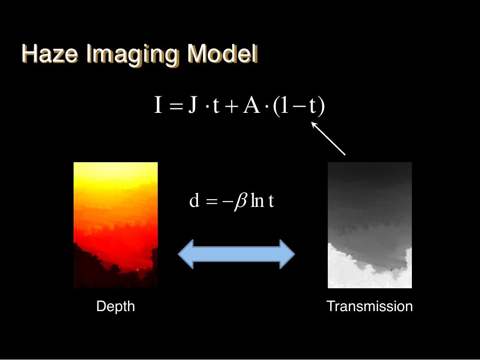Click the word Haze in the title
[50, 54]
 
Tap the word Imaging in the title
[132, 55]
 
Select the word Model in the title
[223, 54]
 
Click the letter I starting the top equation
[158, 105]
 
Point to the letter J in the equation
[193, 105]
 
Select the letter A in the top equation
[251, 105]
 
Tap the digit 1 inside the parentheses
[284, 105]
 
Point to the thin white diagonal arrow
[328, 138]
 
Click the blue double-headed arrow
[236, 254]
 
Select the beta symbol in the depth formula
[240, 201]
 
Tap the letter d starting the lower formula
[194, 201]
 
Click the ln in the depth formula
[257, 201]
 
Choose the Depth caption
[116, 307]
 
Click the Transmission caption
[369, 306]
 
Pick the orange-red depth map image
[116, 225]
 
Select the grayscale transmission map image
[370, 225]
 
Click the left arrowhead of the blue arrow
[186, 254]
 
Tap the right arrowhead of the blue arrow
[287, 254]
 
